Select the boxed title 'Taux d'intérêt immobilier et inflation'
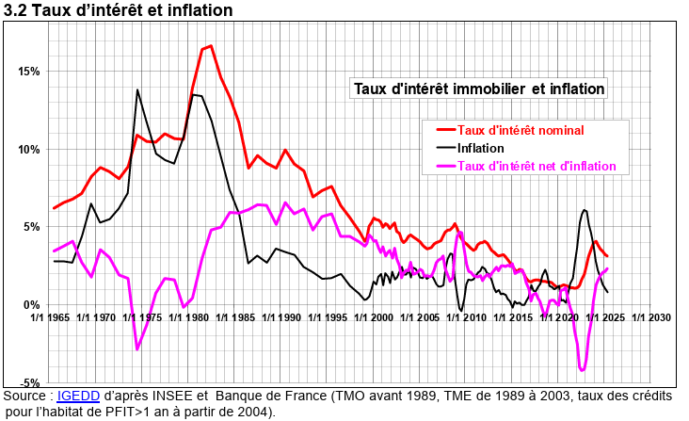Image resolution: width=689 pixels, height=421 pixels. coord(479,89)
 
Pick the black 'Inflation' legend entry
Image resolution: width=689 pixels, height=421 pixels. coord(480,148)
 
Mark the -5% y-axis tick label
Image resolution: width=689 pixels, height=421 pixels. coord(28,382)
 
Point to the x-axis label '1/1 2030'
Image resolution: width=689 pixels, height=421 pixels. coord(653,318)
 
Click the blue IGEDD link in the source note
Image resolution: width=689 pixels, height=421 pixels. coord(77,397)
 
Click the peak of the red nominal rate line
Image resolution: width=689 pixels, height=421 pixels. coord(210,45)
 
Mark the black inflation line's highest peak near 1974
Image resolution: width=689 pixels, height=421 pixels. coord(137,89)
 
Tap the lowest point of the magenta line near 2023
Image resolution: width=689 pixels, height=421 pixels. coord(583,370)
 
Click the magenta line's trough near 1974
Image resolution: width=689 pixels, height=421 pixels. coord(137,349)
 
